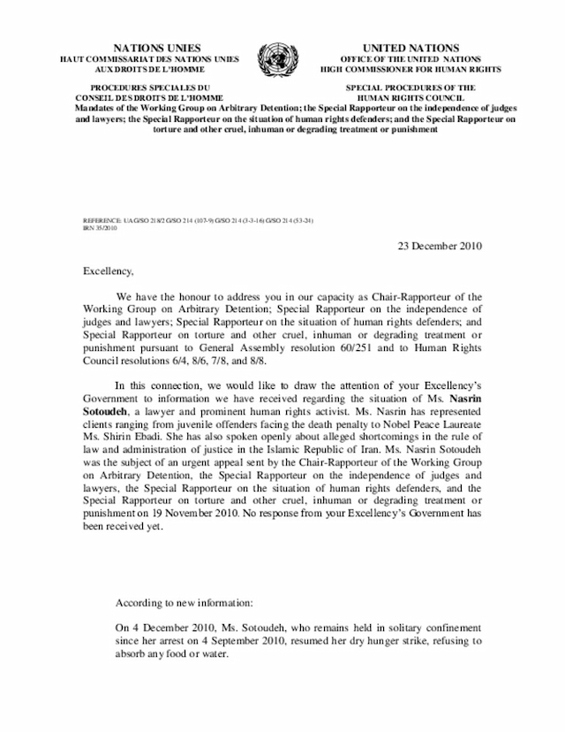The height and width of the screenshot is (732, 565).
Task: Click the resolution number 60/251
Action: pyautogui.click(x=382, y=349)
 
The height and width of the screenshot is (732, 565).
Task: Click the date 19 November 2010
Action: pyautogui.click(x=202, y=517)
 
